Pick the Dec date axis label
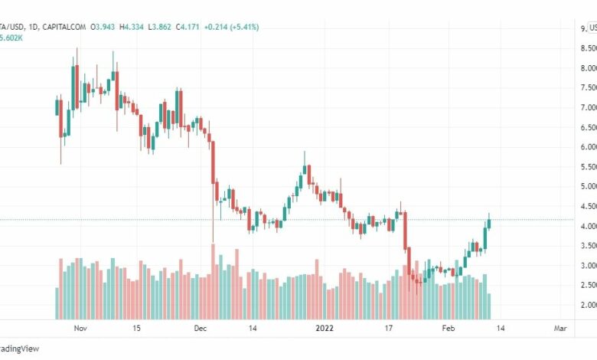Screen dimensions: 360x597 (201, 328)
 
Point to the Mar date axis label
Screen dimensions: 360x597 (559, 328)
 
